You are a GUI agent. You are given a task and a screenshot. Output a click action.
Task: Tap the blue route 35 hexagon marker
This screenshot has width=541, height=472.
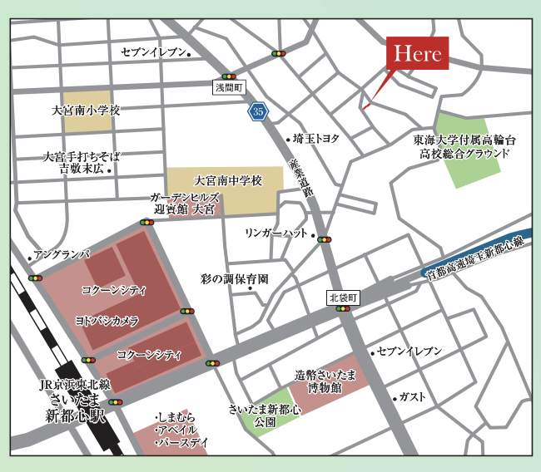258,110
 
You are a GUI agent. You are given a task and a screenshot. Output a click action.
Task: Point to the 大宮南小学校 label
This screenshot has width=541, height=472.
86,110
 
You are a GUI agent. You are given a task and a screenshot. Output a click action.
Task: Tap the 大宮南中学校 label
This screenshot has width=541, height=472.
227,179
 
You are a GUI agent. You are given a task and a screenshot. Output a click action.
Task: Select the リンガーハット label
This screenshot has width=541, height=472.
276,234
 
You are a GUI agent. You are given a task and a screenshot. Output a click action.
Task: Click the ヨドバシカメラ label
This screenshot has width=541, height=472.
107,320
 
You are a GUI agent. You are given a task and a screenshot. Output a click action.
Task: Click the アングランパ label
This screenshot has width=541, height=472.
59,253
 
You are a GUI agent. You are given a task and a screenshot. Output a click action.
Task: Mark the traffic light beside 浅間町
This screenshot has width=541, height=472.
228,76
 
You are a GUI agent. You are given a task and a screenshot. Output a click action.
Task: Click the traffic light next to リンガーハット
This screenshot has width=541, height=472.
324,239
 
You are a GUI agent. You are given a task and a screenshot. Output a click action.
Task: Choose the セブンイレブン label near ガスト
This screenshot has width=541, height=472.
411,352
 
